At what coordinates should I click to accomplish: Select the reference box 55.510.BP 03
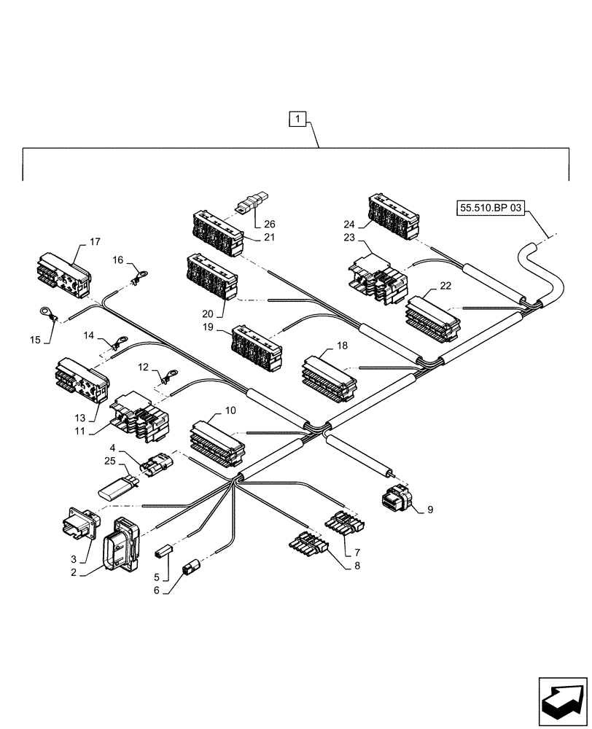(x=491, y=208)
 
